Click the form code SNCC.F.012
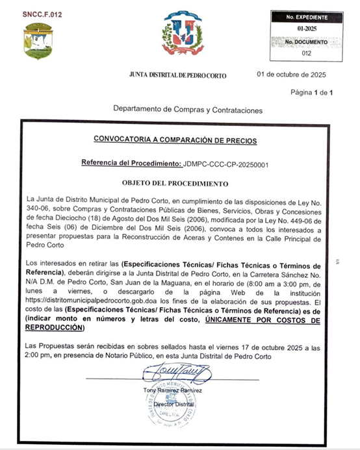(41, 14)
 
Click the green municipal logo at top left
(38, 41)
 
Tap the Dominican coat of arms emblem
(183, 34)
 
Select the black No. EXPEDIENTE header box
(303, 16)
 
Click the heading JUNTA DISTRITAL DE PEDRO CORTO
(178, 76)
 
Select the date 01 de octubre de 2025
(292, 75)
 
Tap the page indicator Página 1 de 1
(311, 93)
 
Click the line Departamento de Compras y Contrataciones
(187, 110)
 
